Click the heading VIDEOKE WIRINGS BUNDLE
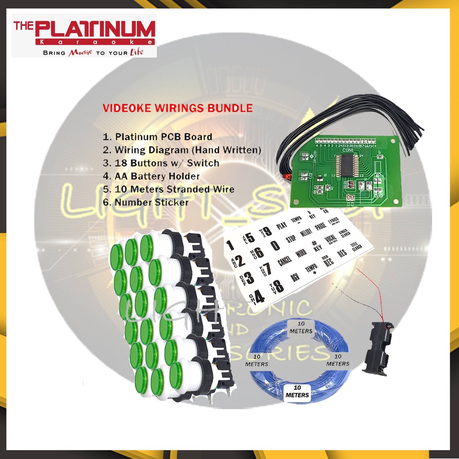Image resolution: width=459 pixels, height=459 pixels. point(178,108)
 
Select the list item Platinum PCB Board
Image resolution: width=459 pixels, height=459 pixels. point(158,137)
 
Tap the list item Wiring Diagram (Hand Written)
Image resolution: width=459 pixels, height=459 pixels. point(182,150)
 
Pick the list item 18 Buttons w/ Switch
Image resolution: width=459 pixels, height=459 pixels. point(161,163)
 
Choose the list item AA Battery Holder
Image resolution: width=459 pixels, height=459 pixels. point(151,176)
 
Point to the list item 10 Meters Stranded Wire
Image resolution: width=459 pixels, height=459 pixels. point(169,189)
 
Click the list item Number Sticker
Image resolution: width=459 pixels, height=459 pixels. point(146,202)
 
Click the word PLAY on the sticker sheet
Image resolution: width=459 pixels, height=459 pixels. point(281,225)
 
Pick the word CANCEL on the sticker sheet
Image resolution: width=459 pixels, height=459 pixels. point(285,260)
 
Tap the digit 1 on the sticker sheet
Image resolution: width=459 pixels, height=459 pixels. point(230,245)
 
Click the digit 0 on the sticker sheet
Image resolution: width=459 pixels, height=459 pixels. point(275,245)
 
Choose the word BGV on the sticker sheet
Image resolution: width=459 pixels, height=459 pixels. point(294,277)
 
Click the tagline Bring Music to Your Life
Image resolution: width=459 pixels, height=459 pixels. point(93,52)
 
